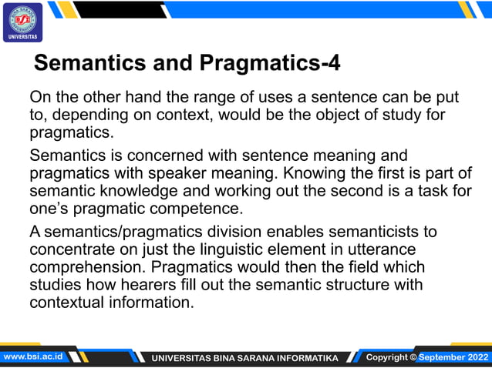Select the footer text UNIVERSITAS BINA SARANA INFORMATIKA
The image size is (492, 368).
244,358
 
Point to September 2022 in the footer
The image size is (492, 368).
453,357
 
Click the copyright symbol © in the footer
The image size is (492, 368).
413,357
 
